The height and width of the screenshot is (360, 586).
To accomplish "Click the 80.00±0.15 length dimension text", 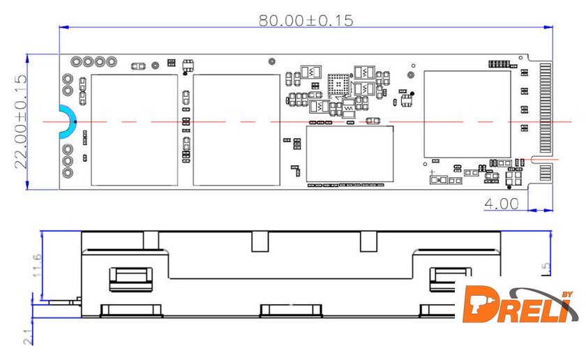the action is (x=306, y=20).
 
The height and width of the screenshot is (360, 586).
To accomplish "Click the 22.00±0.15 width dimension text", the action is (x=20, y=122).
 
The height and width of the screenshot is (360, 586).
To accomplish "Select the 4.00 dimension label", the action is (x=502, y=204).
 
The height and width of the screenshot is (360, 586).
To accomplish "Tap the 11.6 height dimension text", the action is (x=37, y=265).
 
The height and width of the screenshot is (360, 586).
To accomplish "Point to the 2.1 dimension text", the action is (x=28, y=337).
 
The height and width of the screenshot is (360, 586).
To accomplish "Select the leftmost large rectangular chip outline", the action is (x=135, y=130).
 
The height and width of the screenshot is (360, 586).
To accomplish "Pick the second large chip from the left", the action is (x=236, y=130).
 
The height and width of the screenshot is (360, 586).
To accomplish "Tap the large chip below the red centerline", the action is (x=350, y=153).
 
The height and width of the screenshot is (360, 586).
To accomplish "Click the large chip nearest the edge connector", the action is (x=467, y=114).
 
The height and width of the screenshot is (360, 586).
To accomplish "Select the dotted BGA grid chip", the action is (x=338, y=84).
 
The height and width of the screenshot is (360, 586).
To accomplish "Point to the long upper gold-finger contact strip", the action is (x=546, y=108).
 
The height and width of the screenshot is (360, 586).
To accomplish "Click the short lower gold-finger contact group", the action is (x=546, y=172).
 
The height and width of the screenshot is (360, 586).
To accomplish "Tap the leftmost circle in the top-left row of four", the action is (x=76, y=61).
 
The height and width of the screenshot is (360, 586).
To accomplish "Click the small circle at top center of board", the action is (x=272, y=61).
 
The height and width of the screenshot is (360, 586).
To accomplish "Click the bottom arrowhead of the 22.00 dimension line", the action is (x=27, y=185).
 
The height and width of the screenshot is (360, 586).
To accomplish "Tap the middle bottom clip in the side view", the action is (x=291, y=310).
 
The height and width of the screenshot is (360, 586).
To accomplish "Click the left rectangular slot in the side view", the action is (x=131, y=279).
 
